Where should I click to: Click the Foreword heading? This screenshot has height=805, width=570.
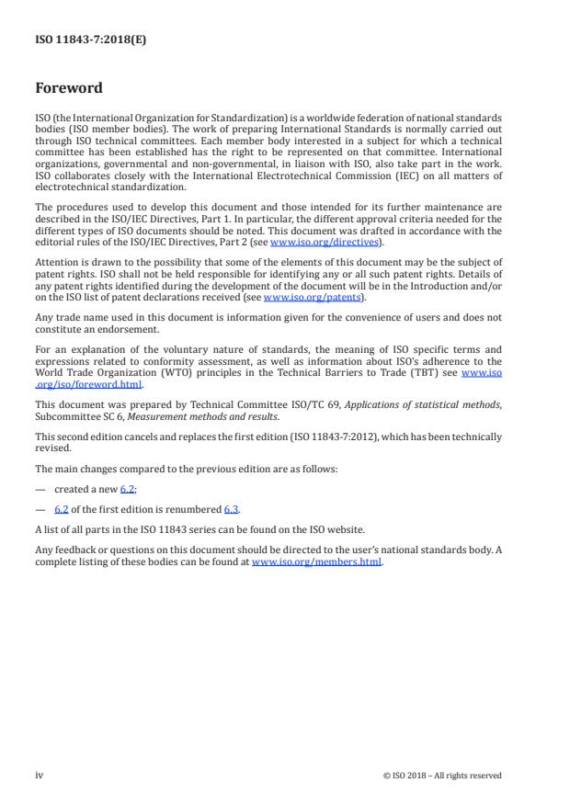click(x=69, y=89)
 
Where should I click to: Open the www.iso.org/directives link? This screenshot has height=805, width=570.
click(x=325, y=242)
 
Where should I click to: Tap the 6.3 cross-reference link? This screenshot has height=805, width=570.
click(x=232, y=508)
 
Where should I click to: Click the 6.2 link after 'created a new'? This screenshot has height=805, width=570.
click(x=128, y=489)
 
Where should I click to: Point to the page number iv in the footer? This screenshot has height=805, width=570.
click(x=40, y=775)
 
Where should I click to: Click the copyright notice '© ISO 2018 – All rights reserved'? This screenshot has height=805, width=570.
click(x=442, y=776)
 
